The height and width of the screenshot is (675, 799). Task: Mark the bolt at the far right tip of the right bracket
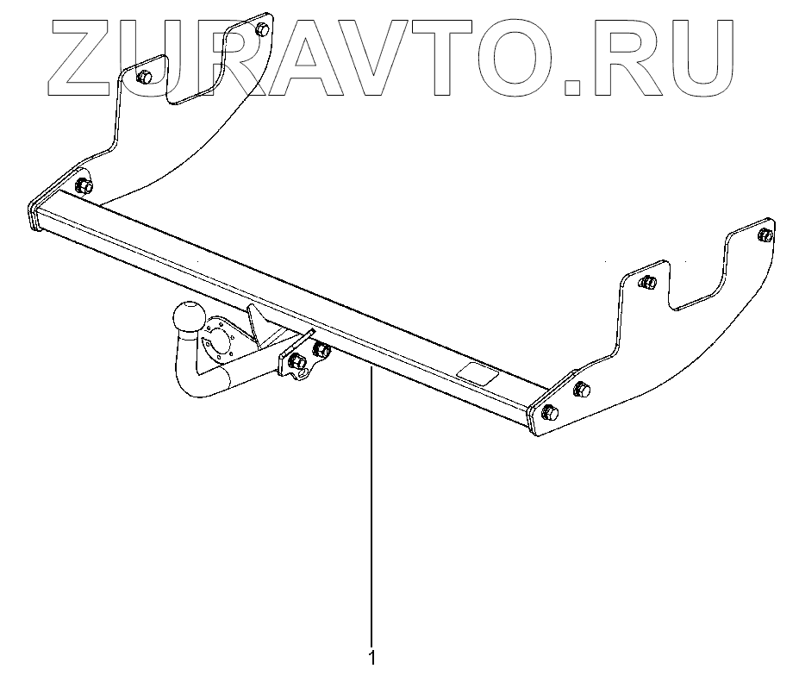click(764, 235)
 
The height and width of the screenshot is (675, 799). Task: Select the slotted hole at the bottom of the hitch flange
click(303, 376)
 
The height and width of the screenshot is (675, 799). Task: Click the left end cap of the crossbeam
click(34, 216)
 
